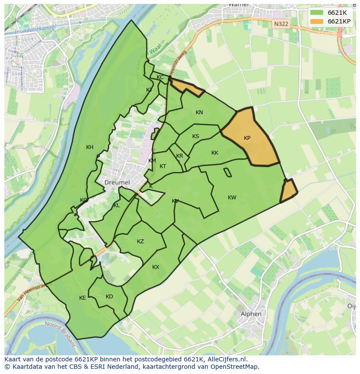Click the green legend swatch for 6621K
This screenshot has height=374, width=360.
tap(317, 13)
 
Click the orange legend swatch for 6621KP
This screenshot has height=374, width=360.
tap(317, 21)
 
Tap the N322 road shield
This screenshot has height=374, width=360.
tap(281, 24)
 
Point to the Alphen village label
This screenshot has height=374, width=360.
tap(251, 314)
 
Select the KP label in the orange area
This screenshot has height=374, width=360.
tap(247, 138)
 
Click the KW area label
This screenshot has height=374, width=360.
tap(232, 198)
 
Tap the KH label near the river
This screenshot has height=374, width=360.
tap(90, 147)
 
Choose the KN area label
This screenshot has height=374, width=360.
tap(199, 113)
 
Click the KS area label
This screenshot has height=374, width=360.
tap(196, 136)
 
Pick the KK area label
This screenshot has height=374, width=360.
tap(215, 153)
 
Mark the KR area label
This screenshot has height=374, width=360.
tap(180, 156)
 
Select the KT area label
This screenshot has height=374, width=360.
tap(163, 166)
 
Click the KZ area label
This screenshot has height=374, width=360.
tap(140, 242)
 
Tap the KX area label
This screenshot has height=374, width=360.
tap(156, 267)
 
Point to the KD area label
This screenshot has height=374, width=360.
tap(109, 297)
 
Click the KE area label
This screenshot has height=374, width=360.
tap(82, 298)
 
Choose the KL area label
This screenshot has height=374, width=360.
tap(117, 205)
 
